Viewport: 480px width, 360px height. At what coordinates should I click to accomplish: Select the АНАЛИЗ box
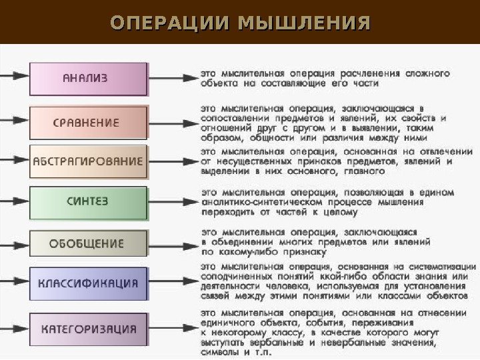(x=88, y=79)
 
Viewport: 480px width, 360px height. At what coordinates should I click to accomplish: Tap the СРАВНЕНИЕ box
(x=88, y=122)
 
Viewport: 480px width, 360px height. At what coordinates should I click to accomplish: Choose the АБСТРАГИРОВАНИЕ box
(x=88, y=161)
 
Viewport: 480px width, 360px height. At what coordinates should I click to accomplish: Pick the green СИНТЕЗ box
(x=88, y=201)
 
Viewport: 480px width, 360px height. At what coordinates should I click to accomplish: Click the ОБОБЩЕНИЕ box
(x=88, y=243)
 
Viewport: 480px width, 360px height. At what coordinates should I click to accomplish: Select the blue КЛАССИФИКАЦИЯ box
(x=88, y=283)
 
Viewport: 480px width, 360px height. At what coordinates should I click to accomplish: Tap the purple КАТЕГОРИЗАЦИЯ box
(x=88, y=329)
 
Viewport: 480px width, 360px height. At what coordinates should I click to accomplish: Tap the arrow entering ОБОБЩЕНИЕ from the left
(x=15, y=243)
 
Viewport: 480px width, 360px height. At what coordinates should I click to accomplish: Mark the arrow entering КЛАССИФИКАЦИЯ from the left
(x=15, y=283)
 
